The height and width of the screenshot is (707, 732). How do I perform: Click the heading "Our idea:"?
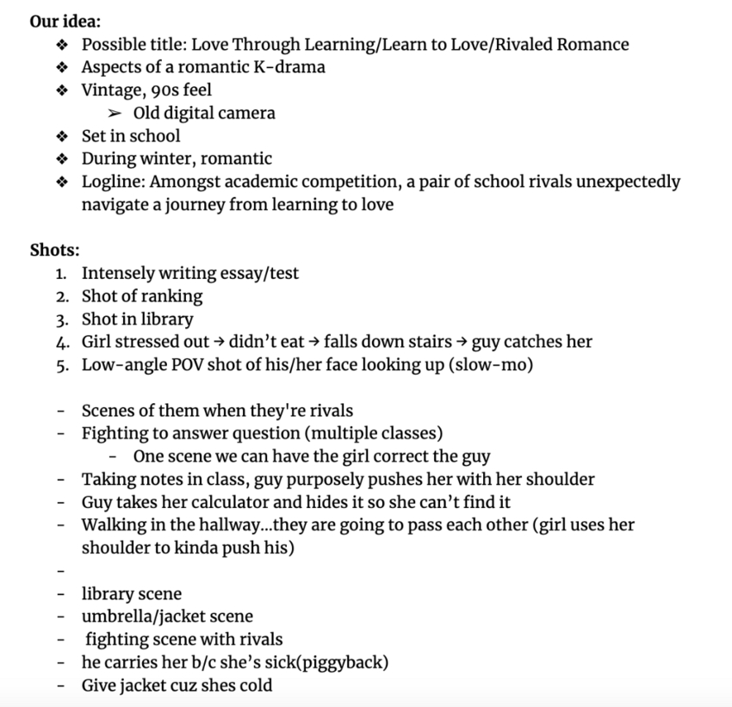(65, 21)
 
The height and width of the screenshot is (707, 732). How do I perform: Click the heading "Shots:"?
(54, 251)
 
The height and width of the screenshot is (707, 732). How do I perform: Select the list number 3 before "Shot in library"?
(61, 319)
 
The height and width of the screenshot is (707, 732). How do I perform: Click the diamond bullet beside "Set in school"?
(60, 136)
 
